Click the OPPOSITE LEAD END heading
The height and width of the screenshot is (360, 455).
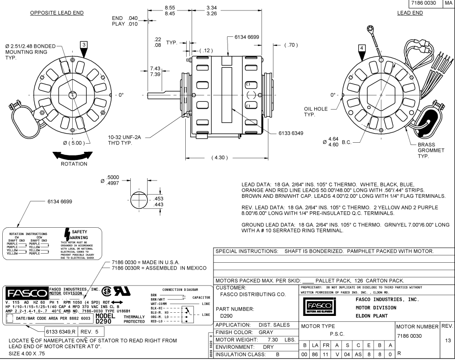pos(57,13)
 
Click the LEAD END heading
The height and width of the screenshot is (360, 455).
pos(410,13)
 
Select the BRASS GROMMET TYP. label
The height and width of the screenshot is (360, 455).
pos(430,150)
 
